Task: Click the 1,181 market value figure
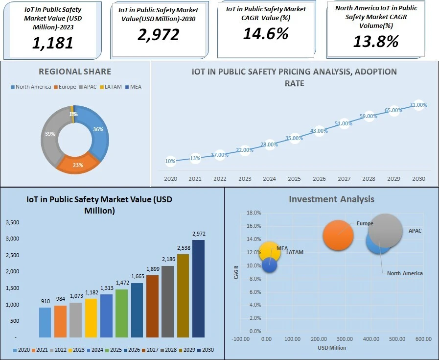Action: (x=52, y=43)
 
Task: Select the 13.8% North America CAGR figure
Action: (x=376, y=41)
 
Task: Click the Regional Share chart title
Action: (x=74, y=72)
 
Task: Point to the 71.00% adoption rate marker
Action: (x=418, y=105)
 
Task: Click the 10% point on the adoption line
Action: (x=170, y=161)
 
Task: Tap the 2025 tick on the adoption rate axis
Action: (x=294, y=179)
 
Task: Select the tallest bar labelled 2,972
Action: (x=198, y=288)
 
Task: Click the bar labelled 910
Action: (x=45, y=322)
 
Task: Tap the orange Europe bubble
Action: (x=338, y=235)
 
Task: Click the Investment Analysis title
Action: (x=331, y=199)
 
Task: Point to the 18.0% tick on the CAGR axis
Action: (x=254, y=213)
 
